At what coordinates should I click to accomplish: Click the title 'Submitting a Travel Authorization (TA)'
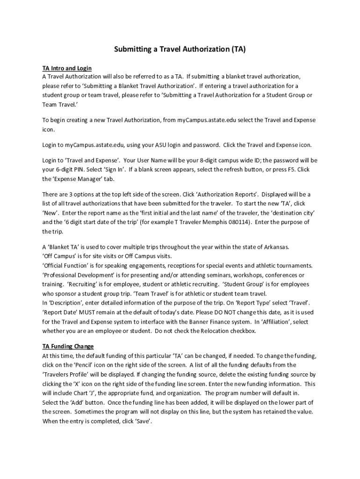[180, 49]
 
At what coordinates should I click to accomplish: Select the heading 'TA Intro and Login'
[67, 68]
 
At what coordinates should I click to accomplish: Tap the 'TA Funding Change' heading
[68, 346]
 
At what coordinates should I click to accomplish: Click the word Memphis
[216, 222]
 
